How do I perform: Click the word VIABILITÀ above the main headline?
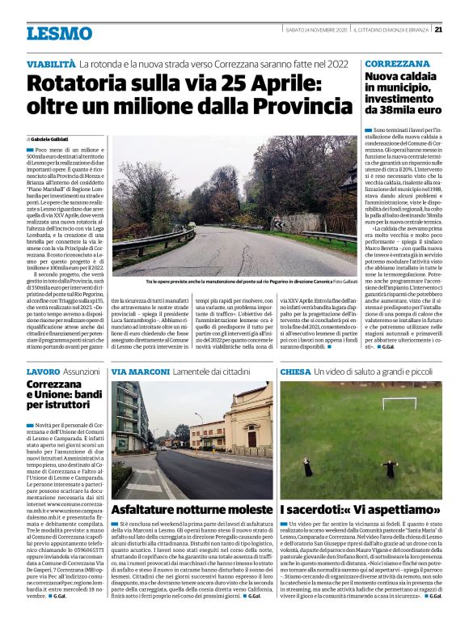[51, 63]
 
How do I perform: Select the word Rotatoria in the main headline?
[79, 83]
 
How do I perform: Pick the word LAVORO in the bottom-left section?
[42, 371]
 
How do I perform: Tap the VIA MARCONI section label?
[140, 371]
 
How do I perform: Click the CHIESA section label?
[295, 371]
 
